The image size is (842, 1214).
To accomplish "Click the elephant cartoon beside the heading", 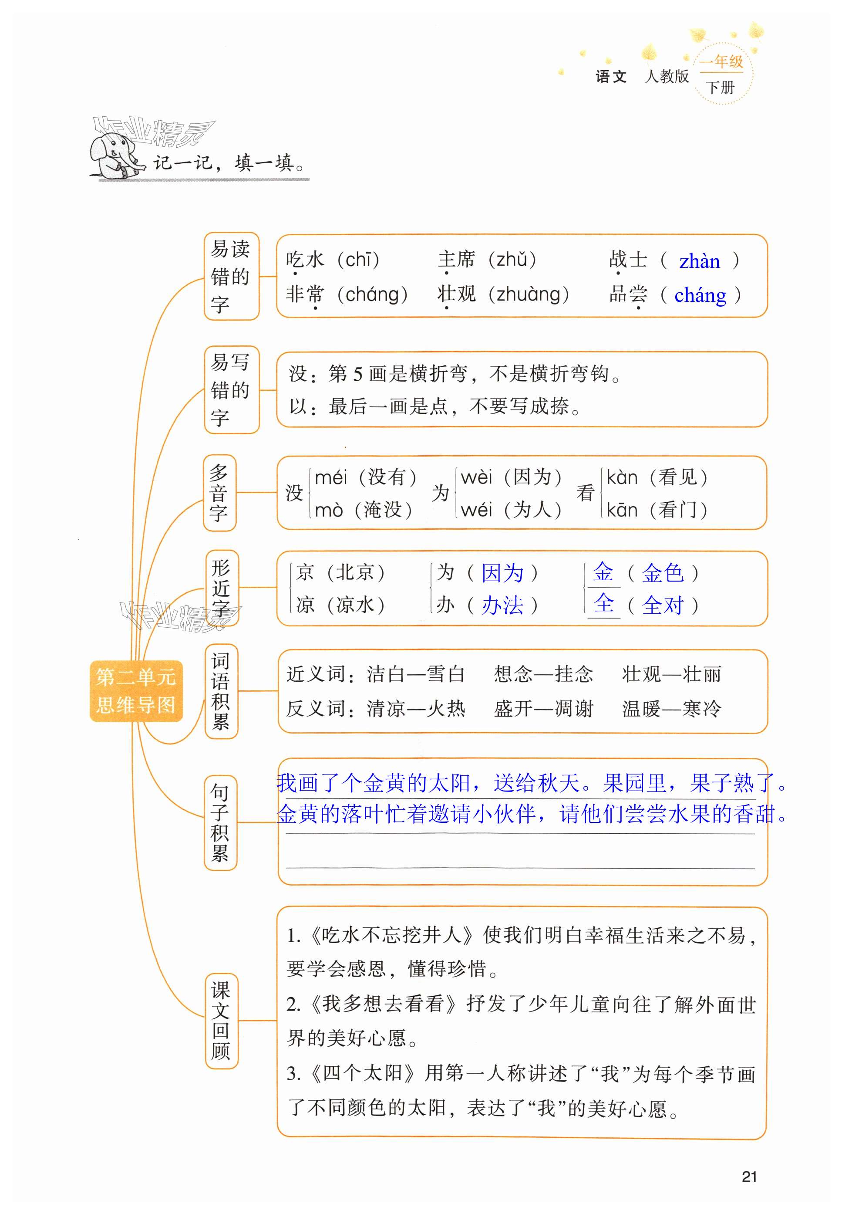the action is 114,156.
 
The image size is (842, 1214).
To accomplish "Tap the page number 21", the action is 749,1177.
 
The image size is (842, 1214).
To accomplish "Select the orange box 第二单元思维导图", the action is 136,691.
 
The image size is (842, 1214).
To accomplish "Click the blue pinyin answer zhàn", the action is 699,261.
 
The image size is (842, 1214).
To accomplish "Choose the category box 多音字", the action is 219,493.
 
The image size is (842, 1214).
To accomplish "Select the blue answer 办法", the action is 502,605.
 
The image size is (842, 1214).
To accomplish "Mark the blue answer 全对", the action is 663,605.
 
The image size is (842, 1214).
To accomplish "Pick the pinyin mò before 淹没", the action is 328,511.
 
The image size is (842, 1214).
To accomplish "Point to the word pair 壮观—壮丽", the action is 671,674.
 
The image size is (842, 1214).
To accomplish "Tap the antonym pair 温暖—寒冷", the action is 671,708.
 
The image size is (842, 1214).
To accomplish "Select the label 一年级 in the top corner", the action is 721,62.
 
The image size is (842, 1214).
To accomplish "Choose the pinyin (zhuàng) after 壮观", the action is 529,294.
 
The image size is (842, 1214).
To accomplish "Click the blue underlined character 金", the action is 603,572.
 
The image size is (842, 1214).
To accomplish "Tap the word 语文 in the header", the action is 611,77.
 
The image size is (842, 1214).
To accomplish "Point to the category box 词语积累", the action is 221,691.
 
